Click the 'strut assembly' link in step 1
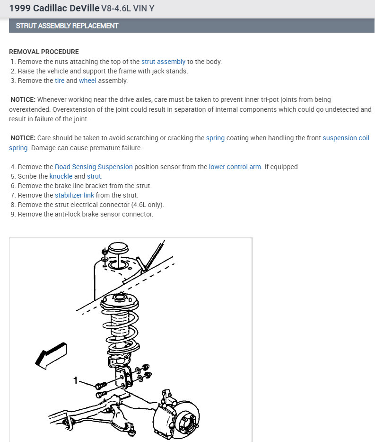tap(163, 62)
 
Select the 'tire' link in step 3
tap(60, 81)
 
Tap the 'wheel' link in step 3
tap(87, 81)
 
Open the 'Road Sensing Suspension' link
tap(94, 167)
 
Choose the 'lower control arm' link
tap(235, 167)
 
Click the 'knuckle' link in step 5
tap(61, 176)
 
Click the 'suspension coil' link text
tap(346, 138)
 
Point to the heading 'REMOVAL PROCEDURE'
tap(44, 52)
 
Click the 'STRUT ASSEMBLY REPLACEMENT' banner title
tap(67, 26)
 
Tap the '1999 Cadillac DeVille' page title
tap(54, 9)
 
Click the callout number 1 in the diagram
tap(75, 380)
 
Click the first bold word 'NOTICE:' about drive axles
tap(23, 99)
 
